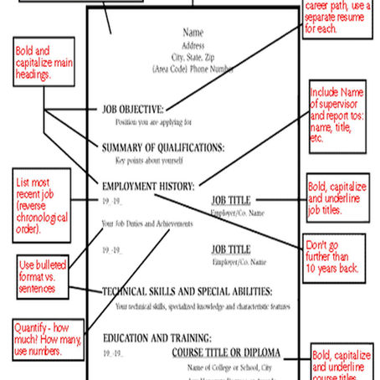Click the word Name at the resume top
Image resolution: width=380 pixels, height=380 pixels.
[193, 33]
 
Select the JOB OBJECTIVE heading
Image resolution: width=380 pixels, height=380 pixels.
[133, 108]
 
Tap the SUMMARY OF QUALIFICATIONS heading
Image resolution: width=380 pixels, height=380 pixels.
[163, 147]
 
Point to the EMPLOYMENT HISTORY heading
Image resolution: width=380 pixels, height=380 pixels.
[148, 185]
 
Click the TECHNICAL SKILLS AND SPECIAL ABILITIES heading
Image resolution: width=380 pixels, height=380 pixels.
[187, 291]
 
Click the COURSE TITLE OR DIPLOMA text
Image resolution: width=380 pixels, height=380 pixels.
[226, 352]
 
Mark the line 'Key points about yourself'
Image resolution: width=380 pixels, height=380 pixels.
[151, 160]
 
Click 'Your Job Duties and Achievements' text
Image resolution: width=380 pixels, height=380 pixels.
[146, 223]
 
